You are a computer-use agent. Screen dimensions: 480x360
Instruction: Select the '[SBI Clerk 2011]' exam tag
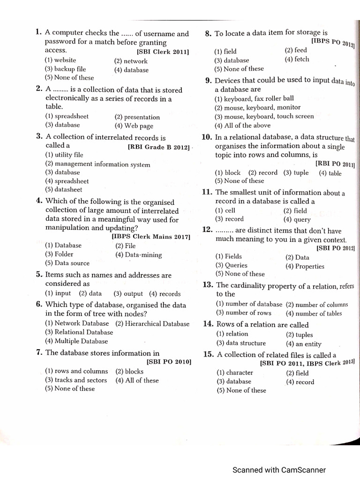tap(163, 52)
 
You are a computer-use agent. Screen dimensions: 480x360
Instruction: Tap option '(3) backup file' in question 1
tap(66, 69)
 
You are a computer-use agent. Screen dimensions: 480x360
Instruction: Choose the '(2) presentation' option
tap(137, 117)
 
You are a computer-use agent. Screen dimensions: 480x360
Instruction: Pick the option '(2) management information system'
tap(97, 164)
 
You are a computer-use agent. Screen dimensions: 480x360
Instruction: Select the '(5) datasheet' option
tap(63, 190)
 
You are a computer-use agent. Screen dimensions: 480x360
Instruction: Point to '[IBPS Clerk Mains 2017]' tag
tap(150, 237)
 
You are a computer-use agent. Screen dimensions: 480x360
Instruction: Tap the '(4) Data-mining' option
tap(138, 255)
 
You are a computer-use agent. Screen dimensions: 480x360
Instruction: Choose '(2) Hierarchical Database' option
tap(152, 323)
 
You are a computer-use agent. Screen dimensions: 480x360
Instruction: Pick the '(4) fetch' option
tap(297, 60)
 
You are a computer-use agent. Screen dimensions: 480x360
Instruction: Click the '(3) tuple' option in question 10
tap(296, 172)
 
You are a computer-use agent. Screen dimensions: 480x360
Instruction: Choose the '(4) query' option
tap(297, 219)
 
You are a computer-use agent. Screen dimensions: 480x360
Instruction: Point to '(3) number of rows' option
tap(243, 313)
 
